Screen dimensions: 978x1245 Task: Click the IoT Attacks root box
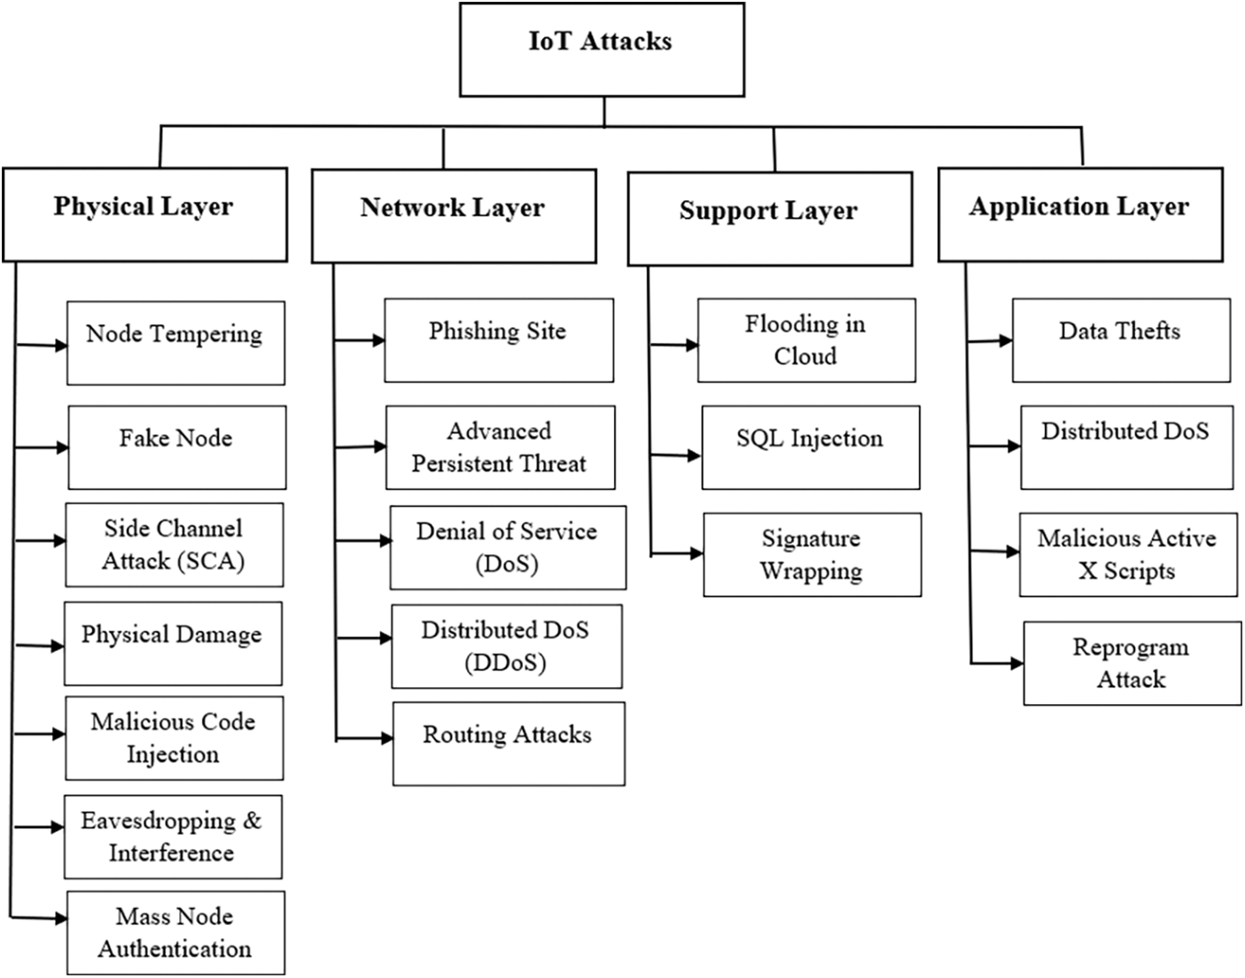pos(602,50)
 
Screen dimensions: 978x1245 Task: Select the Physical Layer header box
pos(144,215)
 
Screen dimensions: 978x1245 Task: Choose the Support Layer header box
pos(769,219)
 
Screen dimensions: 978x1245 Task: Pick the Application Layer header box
pos(1079,215)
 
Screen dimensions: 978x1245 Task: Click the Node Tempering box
pos(175,343)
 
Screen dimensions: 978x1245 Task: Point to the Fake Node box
pos(176,447)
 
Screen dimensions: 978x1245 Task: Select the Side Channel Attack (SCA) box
pos(174,545)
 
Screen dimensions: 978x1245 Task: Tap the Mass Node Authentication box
pos(175,933)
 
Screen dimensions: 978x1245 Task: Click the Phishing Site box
pos(498,340)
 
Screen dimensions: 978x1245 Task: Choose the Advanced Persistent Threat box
pos(500,447)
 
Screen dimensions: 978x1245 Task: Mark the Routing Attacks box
pos(508,743)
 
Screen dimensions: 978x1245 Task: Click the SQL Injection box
pos(810,447)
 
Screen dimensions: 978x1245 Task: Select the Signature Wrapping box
pos(812,555)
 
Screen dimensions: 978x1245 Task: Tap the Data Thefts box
pos(1120,340)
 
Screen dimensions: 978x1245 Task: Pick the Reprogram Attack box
pos(1132,664)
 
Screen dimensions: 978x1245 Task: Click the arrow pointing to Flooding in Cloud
pos(674,345)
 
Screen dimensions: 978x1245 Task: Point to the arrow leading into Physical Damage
pos(40,646)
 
